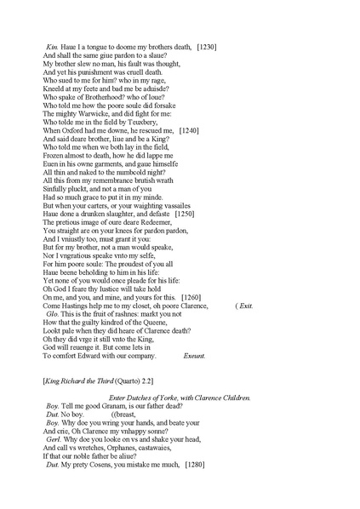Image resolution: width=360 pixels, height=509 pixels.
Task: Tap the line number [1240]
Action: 191,129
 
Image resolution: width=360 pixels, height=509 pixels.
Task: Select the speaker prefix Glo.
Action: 52,315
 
